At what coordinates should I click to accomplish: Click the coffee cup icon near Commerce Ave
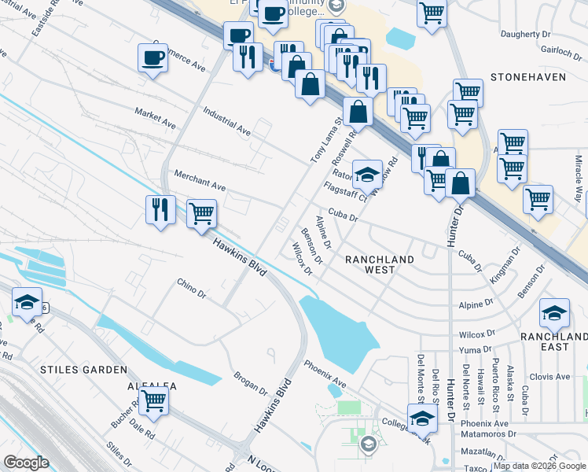point(153,57)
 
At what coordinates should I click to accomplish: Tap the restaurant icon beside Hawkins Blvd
point(160,210)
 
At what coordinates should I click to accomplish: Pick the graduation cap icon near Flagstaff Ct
point(366,172)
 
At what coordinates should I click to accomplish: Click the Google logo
point(27,463)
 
